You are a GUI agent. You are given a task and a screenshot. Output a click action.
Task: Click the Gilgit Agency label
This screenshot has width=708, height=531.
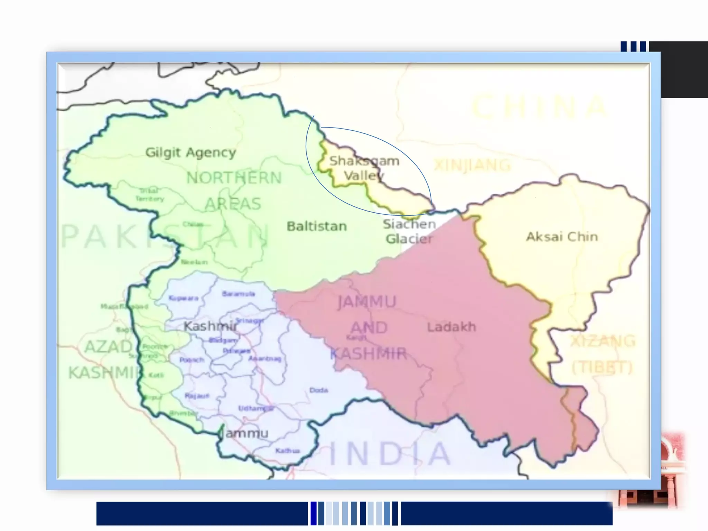click(190, 152)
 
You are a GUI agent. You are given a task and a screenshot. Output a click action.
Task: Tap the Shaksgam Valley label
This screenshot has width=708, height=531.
click(364, 168)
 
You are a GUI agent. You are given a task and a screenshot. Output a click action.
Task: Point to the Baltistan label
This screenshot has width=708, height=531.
click(317, 226)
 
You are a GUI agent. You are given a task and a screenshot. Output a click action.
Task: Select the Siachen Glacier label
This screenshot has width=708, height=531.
click(409, 231)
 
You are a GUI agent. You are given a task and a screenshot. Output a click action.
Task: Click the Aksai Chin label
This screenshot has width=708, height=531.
click(562, 237)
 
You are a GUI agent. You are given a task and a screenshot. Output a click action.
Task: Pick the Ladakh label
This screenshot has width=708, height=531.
click(451, 327)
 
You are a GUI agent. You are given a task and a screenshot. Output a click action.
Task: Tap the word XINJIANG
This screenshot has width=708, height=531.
click(472, 165)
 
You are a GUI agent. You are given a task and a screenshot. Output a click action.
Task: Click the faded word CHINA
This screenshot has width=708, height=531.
click(539, 107)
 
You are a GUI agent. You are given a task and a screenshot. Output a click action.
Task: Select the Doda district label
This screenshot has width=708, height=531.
click(318, 390)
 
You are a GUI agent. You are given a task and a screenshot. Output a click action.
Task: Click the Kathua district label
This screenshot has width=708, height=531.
click(287, 451)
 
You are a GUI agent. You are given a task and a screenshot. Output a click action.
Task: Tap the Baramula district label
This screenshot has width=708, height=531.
click(239, 294)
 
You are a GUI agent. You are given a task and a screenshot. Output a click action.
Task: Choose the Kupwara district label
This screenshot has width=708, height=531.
click(183, 298)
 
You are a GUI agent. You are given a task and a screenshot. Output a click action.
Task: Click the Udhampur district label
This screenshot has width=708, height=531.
click(256, 409)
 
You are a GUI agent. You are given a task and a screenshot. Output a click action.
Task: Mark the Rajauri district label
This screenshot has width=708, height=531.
click(197, 396)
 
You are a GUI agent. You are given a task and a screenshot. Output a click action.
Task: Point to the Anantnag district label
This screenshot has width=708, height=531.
click(264, 359)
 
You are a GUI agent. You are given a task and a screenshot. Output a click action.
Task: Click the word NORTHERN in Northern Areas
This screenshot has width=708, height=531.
click(234, 178)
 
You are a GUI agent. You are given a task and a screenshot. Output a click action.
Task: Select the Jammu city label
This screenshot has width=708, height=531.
click(246, 433)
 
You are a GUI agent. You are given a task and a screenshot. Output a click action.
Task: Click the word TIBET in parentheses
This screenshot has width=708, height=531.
click(602, 367)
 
